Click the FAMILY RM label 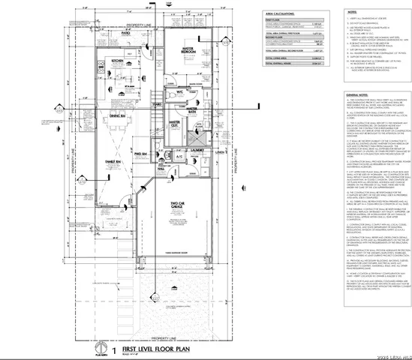[115, 162]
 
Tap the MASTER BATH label [193, 109]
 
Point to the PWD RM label [160, 154]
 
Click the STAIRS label [158, 104]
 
